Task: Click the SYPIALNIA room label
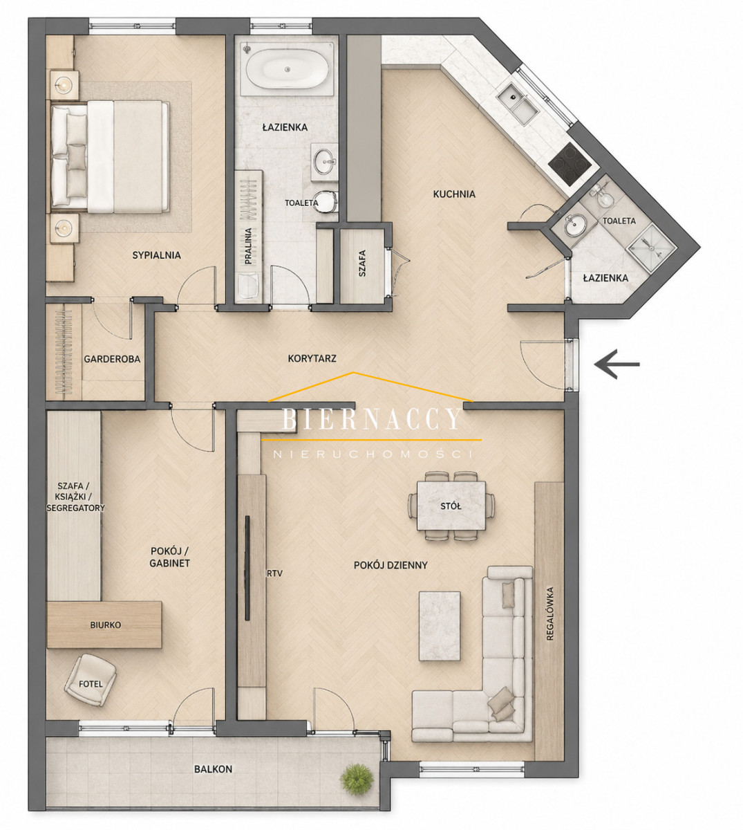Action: click(x=156, y=255)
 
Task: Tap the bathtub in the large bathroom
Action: click(x=287, y=69)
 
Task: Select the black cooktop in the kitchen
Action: click(x=570, y=165)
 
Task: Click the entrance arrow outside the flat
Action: click(x=617, y=365)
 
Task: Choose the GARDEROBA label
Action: click(x=112, y=359)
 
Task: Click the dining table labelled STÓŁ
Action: click(x=451, y=506)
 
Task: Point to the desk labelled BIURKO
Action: click(x=104, y=625)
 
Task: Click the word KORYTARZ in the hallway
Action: click(x=312, y=358)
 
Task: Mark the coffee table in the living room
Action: click(x=440, y=626)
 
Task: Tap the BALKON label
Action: click(x=214, y=769)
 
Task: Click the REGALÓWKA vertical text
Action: click(x=549, y=614)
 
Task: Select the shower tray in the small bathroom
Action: click(x=651, y=248)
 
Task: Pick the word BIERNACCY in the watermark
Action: click(x=371, y=418)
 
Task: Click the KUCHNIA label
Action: click(x=454, y=194)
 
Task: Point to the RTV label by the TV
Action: click(x=274, y=574)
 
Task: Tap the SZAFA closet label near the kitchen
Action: click(x=362, y=264)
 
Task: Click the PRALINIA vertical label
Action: click(x=248, y=246)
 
